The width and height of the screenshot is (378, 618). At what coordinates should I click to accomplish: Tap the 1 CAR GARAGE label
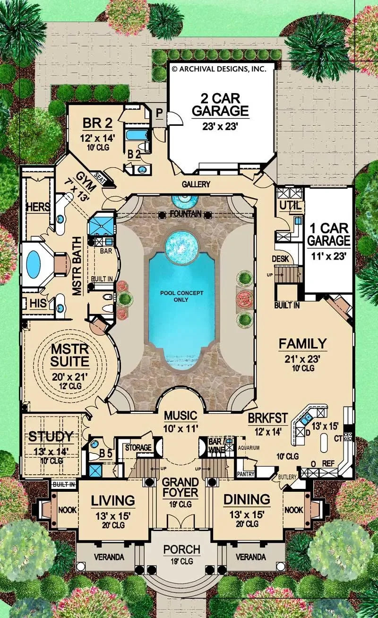click(x=329, y=234)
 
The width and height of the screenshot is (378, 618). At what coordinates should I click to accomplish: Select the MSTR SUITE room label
click(x=70, y=356)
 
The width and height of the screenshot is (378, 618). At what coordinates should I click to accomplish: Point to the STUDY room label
click(x=51, y=436)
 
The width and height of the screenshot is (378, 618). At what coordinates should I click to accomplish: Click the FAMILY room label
click(x=302, y=343)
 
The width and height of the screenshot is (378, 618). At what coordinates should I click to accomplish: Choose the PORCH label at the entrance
click(x=182, y=550)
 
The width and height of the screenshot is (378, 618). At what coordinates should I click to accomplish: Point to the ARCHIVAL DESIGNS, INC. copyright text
click(x=219, y=69)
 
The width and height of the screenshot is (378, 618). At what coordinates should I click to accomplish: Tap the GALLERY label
click(x=195, y=184)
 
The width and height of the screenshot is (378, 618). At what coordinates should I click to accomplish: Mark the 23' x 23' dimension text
click(x=220, y=126)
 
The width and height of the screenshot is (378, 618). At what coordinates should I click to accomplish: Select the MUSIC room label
click(x=180, y=416)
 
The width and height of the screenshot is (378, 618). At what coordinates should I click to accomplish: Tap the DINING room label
click(x=247, y=499)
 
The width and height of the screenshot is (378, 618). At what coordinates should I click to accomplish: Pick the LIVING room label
click(x=113, y=500)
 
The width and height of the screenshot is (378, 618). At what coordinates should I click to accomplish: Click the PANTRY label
click(x=246, y=473)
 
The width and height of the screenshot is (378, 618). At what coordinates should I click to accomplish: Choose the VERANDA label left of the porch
click(x=109, y=557)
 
